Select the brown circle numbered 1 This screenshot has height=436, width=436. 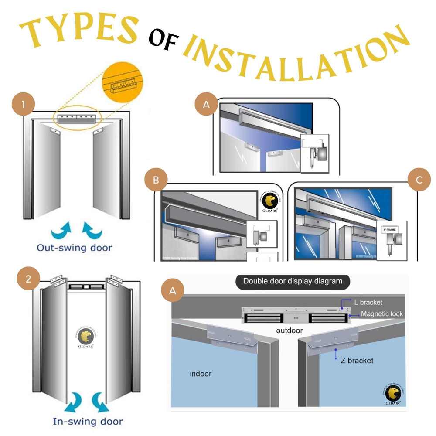[x=23, y=104]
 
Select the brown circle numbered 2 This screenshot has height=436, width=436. [x=28, y=279]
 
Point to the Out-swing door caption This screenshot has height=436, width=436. [x=75, y=248]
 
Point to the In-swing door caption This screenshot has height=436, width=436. [x=88, y=421]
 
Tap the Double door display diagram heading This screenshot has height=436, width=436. [x=293, y=281]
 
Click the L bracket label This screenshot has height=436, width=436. [x=369, y=302]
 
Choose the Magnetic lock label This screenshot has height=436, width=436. [x=382, y=313]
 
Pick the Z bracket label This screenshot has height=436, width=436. [x=357, y=361]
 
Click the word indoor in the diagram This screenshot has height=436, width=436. [x=201, y=374]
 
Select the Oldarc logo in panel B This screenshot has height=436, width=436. [x=270, y=201]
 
